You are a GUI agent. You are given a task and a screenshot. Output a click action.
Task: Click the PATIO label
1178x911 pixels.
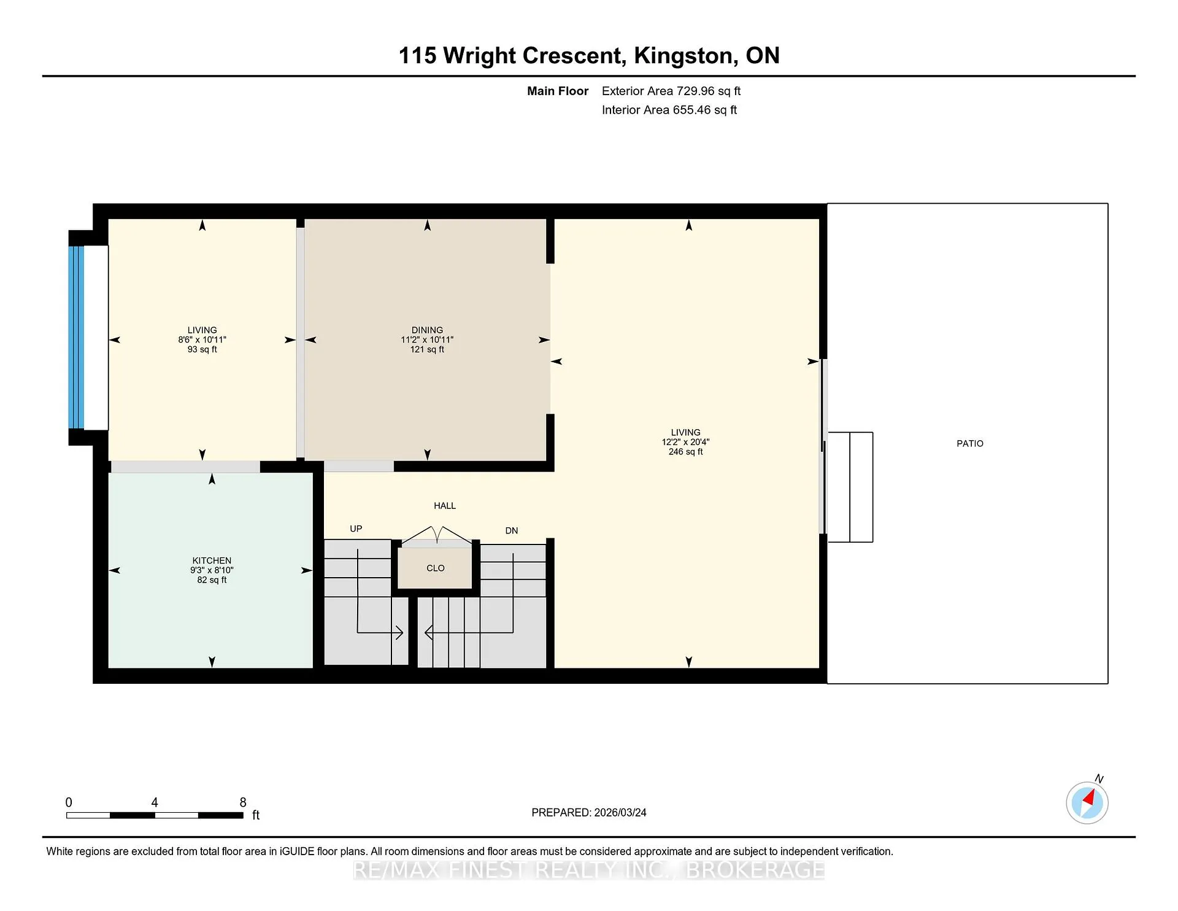click(x=969, y=443)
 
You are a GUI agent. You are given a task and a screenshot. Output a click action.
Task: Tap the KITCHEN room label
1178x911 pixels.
click(x=212, y=560)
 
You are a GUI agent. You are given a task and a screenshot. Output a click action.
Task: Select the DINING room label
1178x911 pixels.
click(x=427, y=330)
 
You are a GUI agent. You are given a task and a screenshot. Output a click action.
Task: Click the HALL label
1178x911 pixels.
click(x=445, y=506)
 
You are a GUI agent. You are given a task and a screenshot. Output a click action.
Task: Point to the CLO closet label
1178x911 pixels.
click(x=436, y=568)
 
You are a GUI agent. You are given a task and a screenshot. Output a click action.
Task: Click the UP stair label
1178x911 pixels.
click(x=356, y=529)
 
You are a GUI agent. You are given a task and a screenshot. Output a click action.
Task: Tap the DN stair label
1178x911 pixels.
click(x=512, y=530)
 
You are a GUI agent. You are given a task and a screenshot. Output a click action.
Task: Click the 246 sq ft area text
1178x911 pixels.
click(x=685, y=452)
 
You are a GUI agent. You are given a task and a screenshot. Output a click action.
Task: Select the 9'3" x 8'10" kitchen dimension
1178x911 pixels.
click(x=212, y=570)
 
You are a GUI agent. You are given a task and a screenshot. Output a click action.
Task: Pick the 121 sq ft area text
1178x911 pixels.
click(x=427, y=349)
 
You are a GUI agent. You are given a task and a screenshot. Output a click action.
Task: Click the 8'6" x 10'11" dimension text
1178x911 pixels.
click(x=202, y=339)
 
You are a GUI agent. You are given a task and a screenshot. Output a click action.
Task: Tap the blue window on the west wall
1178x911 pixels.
click(x=77, y=337)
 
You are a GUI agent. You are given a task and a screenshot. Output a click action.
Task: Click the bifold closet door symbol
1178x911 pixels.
click(x=436, y=535)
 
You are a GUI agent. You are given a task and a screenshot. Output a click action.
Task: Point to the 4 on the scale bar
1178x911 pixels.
click(x=155, y=802)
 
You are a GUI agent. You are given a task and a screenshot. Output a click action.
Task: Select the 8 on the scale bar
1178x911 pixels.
click(x=243, y=802)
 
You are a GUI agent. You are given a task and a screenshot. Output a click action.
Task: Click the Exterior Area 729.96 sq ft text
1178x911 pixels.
click(x=671, y=91)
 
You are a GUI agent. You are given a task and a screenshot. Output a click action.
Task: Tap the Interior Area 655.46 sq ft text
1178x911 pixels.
click(x=669, y=110)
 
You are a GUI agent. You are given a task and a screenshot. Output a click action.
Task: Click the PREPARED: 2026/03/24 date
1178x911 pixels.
click(x=589, y=813)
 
